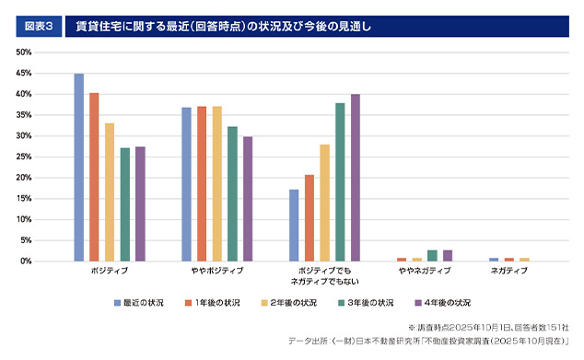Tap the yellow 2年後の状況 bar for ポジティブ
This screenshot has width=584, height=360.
[110, 192]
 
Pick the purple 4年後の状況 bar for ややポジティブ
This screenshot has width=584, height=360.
[248, 199]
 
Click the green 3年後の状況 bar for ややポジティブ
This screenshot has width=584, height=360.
[232, 194]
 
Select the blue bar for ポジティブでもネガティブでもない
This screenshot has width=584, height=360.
[294, 226]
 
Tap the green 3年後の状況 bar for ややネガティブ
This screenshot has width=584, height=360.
[432, 256]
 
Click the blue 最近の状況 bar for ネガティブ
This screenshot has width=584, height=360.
[494, 260]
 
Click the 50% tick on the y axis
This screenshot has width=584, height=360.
[24, 52]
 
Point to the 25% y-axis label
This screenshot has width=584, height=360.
[24, 157]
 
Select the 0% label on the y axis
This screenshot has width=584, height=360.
[27, 261]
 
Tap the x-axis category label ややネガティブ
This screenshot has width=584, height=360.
[425, 273]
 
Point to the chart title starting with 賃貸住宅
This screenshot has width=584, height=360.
[222, 27]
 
